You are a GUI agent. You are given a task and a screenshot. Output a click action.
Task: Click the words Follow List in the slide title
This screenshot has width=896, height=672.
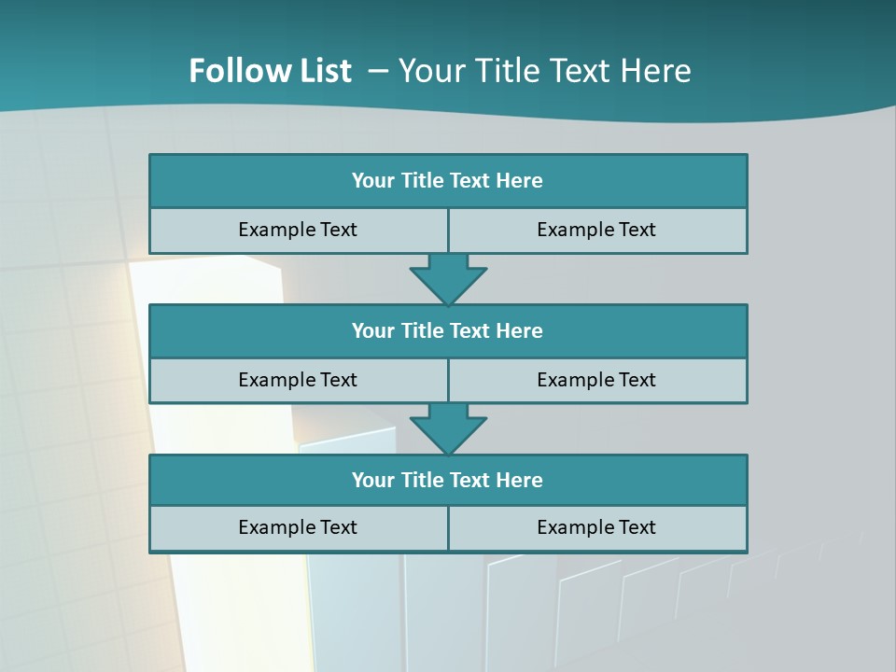pos(270,71)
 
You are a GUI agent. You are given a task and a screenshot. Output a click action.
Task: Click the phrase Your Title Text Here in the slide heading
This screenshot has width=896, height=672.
pos(545,71)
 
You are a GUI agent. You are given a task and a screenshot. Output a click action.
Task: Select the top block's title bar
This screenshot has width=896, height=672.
pos(448,181)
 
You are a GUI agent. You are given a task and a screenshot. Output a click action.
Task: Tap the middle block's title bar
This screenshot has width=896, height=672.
pos(448,331)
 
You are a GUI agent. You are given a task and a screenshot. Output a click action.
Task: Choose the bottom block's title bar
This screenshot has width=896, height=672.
pos(448,481)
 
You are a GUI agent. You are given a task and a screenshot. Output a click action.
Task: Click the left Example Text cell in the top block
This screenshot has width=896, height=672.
pos(299,231)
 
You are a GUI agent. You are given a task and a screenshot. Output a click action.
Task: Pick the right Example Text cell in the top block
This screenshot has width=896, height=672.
pos(597,231)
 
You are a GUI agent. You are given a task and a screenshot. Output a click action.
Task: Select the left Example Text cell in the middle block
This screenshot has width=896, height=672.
pos(299,381)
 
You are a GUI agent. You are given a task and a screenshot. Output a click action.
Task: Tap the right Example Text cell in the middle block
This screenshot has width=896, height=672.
pos(597,381)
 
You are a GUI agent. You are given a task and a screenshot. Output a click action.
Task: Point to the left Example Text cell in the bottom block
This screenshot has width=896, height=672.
pos(299,528)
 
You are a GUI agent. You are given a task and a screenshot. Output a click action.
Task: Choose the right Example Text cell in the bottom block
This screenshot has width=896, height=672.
pos(597,528)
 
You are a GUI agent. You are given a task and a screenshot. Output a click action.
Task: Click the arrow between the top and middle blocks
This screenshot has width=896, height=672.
pos(448,278)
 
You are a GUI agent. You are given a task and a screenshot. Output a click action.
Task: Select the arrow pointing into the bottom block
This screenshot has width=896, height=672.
pos(448,428)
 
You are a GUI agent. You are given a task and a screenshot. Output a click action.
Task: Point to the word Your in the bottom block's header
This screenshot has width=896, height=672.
pos(372,481)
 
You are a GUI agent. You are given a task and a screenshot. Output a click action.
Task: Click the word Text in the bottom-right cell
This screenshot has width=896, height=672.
pos(637,528)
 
